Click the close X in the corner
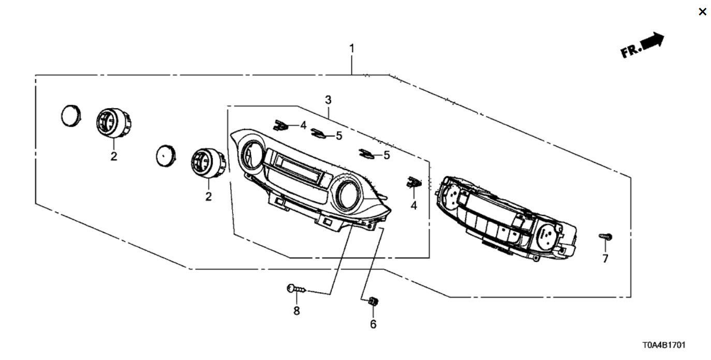pos(702,12)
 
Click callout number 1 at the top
pos(352,49)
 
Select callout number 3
pos(328,100)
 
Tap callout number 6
pos(373,324)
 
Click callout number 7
pos(605,259)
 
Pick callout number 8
pos(297,311)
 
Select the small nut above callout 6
pos(373,301)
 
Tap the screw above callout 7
pos(605,236)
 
